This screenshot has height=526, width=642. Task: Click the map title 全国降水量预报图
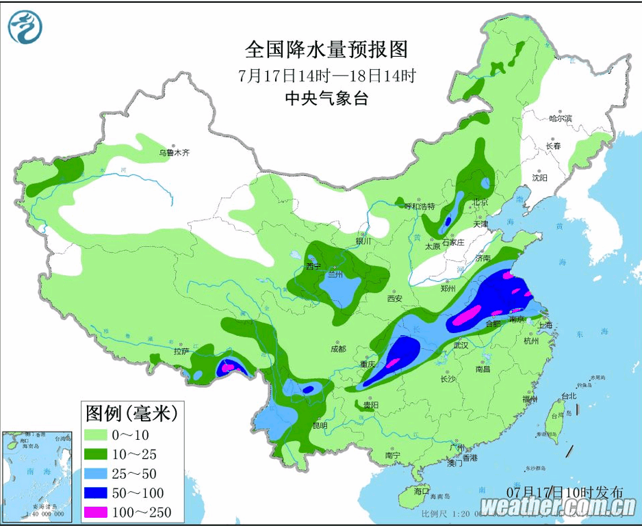[326, 50]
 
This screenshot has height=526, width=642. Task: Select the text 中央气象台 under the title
[326, 98]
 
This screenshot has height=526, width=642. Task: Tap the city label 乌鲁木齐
[174, 153]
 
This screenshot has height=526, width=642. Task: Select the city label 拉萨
[181, 352]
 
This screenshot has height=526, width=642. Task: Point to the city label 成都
[338, 349]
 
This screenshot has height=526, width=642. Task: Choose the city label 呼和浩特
[420, 206]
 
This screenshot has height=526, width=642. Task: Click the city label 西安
[394, 298]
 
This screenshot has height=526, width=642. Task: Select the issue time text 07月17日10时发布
[565, 492]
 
